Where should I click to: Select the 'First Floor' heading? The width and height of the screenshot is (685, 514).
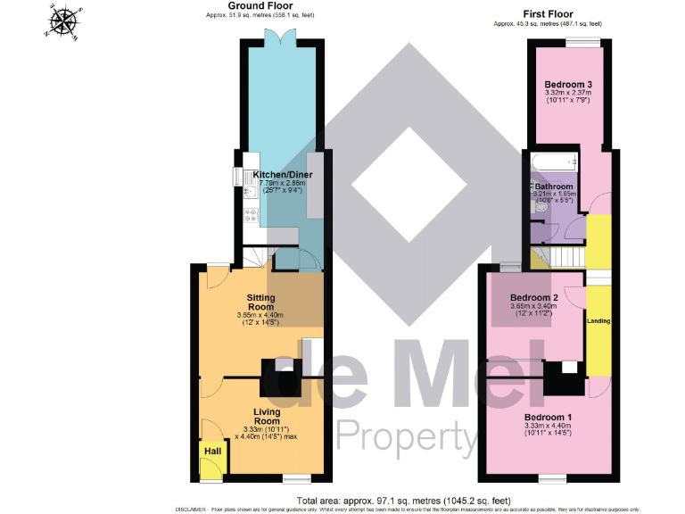tap(548, 13)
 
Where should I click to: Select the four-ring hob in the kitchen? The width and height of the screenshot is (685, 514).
tap(252, 215)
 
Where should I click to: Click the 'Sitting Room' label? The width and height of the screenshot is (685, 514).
tap(260, 302)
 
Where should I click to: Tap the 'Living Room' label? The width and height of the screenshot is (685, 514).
tap(268, 416)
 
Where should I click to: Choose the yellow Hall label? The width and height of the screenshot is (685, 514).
tap(212, 452)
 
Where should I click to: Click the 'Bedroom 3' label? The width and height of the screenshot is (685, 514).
tap(569, 85)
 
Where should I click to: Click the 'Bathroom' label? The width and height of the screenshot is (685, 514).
tap(553, 187)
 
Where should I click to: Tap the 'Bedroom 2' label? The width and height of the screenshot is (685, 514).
tap(533, 298)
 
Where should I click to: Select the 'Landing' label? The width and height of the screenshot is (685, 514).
tap(598, 319)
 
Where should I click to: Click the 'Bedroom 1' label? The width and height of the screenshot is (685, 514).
tap(548, 418)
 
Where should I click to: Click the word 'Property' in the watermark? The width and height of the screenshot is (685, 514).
tap(406, 437)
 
